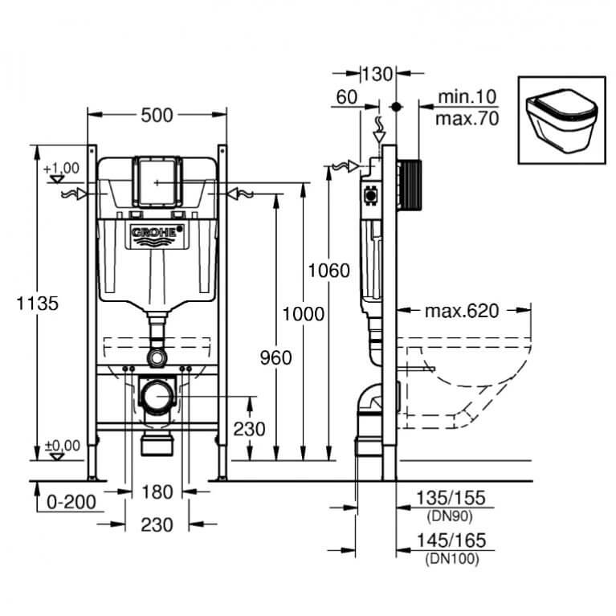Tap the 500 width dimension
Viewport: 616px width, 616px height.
[157, 116]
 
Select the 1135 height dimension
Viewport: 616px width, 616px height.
[37, 304]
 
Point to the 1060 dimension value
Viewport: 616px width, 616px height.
[328, 271]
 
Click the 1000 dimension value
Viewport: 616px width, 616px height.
[304, 314]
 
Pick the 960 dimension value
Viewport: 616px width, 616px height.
[275, 357]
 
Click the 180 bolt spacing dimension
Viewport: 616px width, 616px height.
[157, 492]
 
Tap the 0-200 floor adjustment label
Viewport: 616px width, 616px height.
[71, 502]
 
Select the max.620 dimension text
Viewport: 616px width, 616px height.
[462, 311]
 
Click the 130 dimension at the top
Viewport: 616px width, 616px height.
[377, 74]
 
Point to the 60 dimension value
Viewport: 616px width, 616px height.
[347, 97]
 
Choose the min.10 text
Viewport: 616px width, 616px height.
[467, 96]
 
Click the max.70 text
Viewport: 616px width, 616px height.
[467, 119]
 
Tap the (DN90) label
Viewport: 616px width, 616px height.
[450, 516]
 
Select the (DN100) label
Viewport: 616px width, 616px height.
[452, 559]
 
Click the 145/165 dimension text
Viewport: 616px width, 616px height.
[451, 541]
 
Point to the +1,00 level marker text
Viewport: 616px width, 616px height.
[61, 168]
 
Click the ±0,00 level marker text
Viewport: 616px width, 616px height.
[62, 446]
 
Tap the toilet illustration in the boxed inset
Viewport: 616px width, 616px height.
[561, 120]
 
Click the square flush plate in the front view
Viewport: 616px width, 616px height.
[157, 182]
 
